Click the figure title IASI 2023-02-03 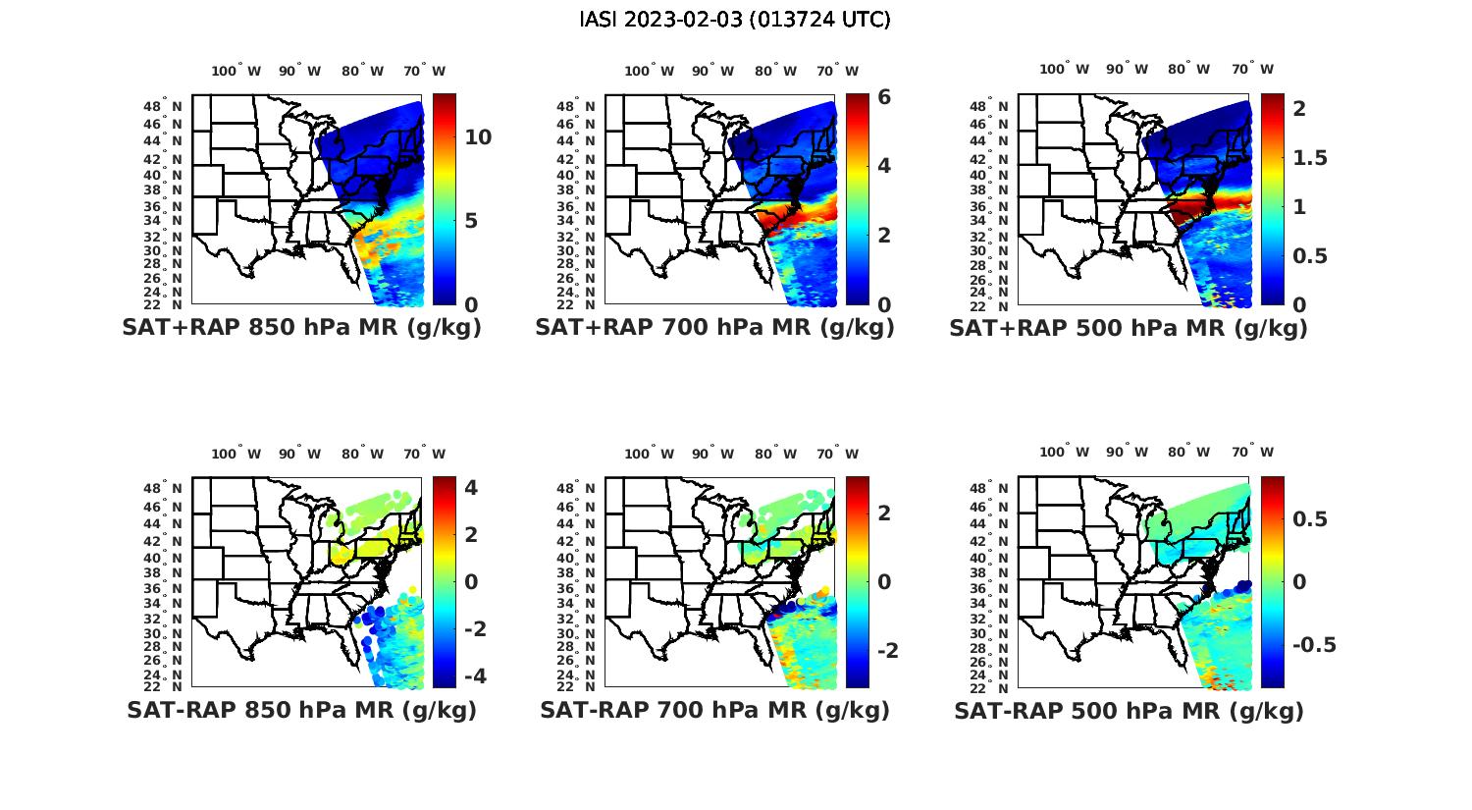point(735,20)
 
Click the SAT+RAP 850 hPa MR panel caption point(301,328)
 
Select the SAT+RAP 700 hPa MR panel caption point(714,328)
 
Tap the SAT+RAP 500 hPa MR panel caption point(1129,328)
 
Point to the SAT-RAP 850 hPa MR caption point(301,710)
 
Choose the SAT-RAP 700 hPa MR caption point(714,710)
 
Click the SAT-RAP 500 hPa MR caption point(1129,710)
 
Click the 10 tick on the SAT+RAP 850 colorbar point(478,137)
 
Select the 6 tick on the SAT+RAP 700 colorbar point(884,97)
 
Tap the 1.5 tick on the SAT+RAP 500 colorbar point(1310,158)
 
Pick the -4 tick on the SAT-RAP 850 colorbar point(474,676)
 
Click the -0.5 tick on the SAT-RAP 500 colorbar point(1314,645)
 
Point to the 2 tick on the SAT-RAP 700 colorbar point(884,513)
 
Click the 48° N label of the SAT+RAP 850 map point(163,107)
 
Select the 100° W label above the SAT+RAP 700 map point(649,71)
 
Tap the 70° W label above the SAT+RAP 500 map point(1252,69)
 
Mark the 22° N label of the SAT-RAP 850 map point(163,686)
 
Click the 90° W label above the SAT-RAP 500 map point(1129,452)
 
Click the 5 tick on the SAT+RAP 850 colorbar point(471,220)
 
